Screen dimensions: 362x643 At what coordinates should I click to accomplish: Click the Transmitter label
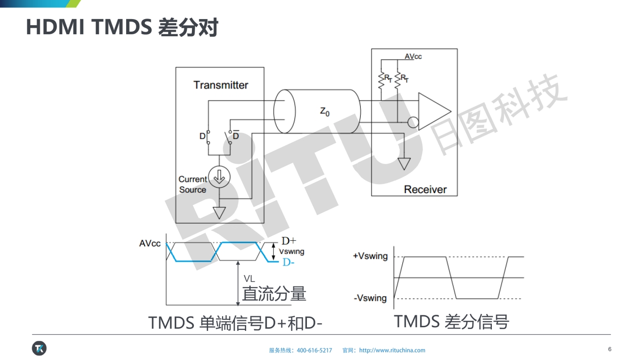pyautogui.click(x=221, y=85)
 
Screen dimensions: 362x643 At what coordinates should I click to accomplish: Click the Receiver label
pyautogui.click(x=425, y=190)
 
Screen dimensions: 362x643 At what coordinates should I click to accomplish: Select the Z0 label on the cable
pyautogui.click(x=325, y=112)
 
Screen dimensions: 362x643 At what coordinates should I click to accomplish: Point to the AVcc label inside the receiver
pyautogui.click(x=413, y=56)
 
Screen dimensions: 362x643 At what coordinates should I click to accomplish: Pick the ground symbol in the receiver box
pyautogui.click(x=404, y=164)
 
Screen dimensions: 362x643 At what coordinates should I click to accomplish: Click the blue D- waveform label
pyautogui.click(x=288, y=262)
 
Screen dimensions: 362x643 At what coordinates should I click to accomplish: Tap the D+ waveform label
pyautogui.click(x=289, y=241)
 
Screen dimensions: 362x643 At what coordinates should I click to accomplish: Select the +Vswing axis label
pyautogui.click(x=370, y=256)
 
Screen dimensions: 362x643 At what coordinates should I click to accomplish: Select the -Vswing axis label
pyautogui.click(x=370, y=298)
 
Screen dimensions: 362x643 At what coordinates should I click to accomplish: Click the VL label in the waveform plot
pyautogui.click(x=249, y=278)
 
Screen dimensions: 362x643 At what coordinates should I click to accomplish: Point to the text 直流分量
pyautogui.click(x=274, y=294)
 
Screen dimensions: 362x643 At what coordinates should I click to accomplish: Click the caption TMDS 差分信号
pyautogui.click(x=451, y=321)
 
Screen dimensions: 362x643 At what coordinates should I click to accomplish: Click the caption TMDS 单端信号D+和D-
pyautogui.click(x=235, y=323)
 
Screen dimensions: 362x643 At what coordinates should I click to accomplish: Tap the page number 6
pyautogui.click(x=610, y=349)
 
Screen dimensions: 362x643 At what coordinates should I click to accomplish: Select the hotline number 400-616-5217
pyautogui.click(x=314, y=350)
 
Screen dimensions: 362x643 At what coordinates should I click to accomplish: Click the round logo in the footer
pyautogui.click(x=39, y=348)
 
